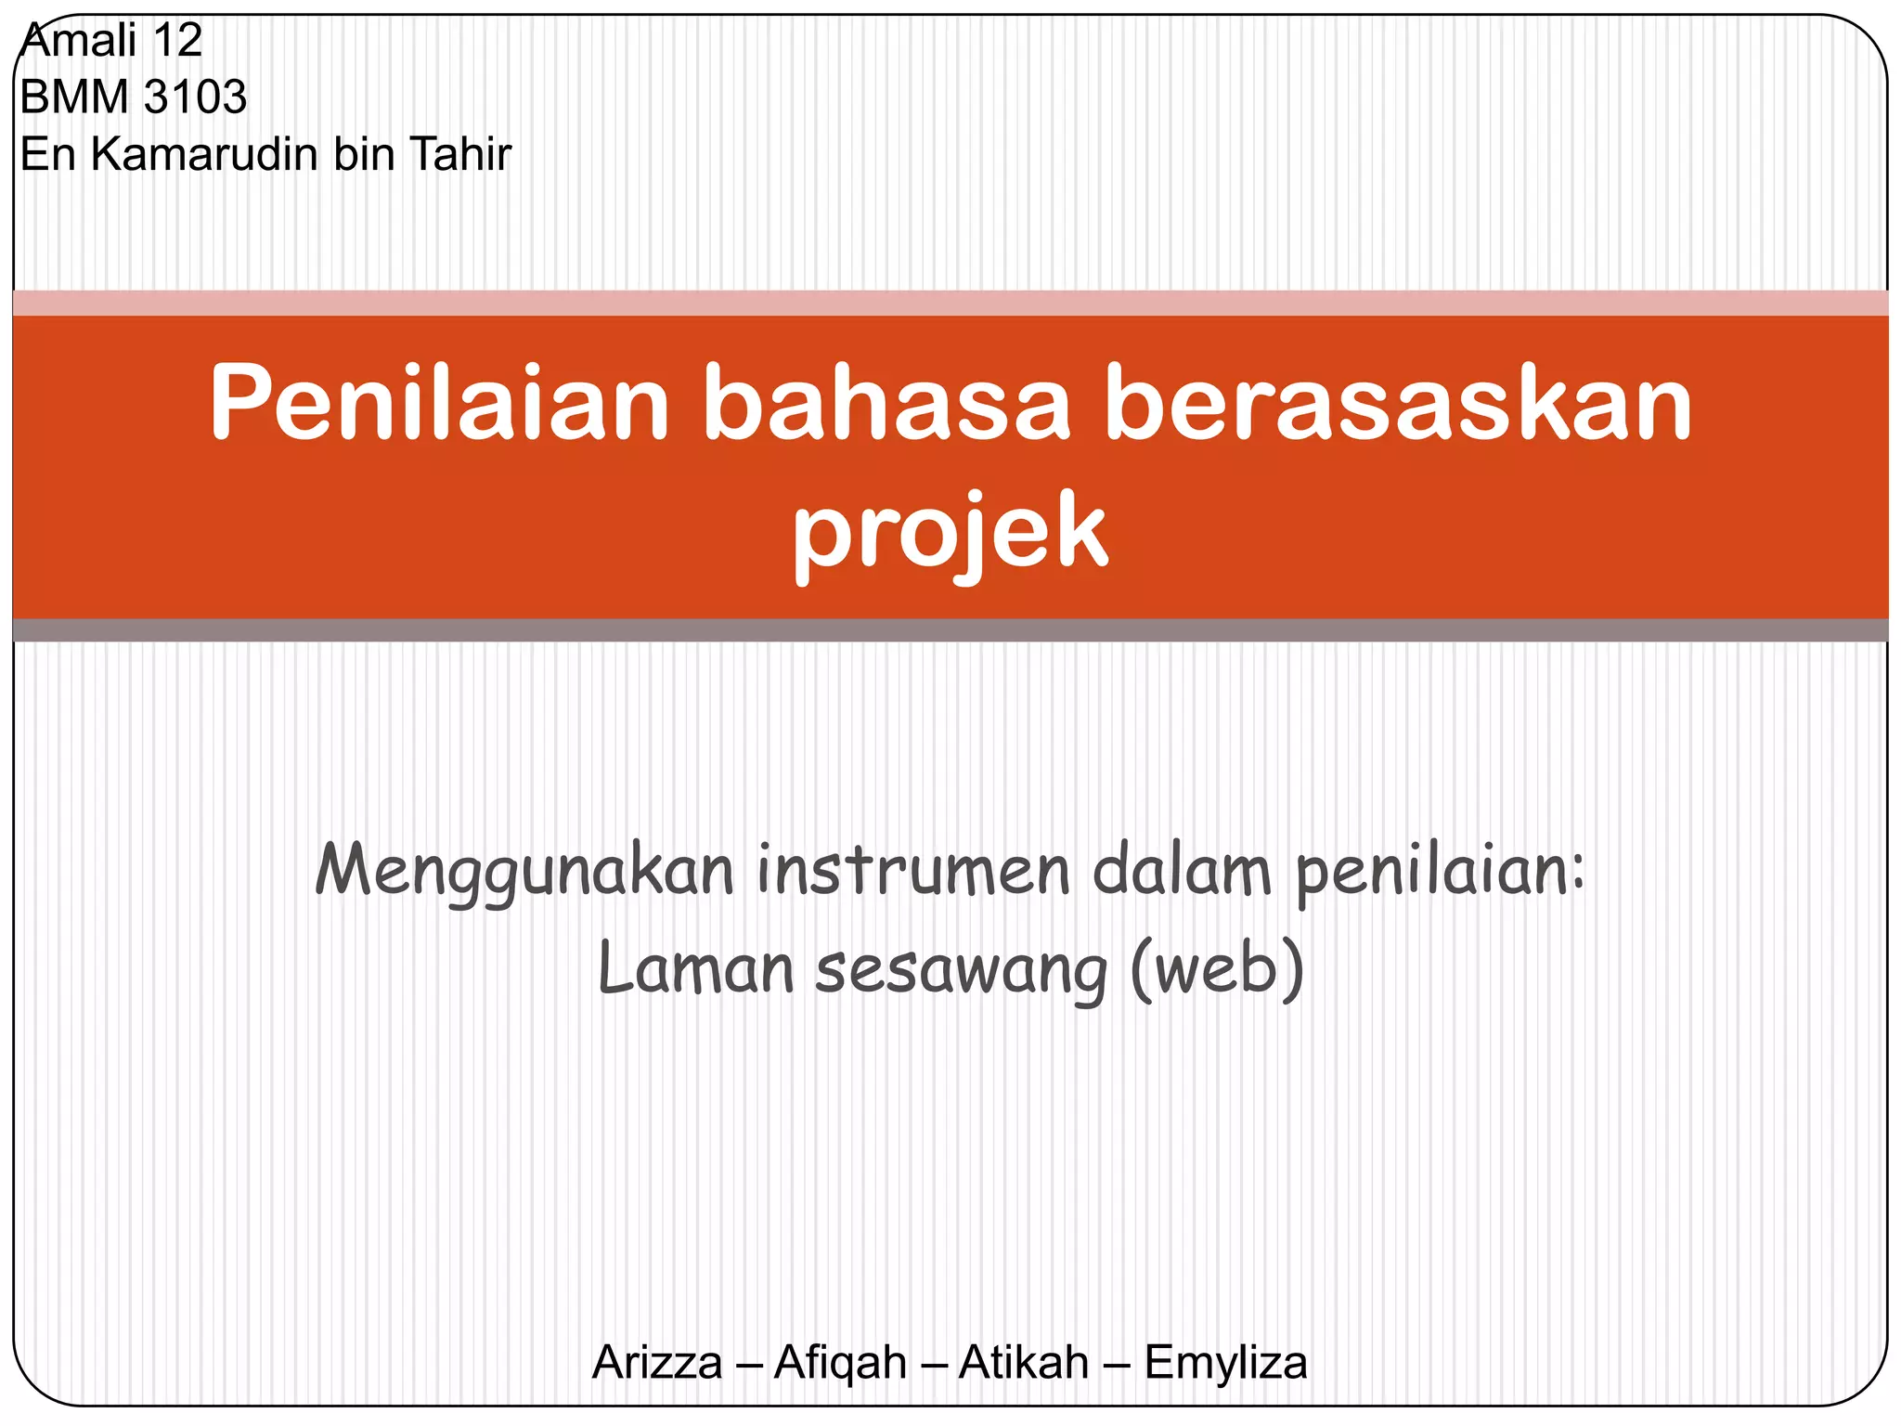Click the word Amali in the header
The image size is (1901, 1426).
tap(79, 41)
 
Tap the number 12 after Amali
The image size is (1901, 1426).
tap(177, 41)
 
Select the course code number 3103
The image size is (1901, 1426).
tap(196, 97)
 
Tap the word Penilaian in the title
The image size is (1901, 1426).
tap(439, 403)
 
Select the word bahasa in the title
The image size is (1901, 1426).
tap(886, 405)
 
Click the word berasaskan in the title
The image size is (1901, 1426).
tap(1399, 405)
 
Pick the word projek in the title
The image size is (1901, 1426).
tap(950, 533)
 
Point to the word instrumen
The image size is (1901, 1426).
tap(913, 871)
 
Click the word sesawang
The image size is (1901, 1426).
tap(961, 971)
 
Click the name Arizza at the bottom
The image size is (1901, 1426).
tap(657, 1363)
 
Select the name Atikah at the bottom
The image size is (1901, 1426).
tap(1023, 1363)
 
